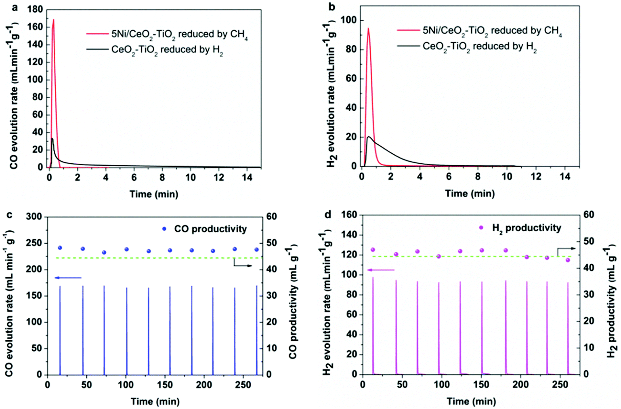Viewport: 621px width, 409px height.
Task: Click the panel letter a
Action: coord(15,7)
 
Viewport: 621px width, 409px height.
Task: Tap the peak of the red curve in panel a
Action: coord(53,20)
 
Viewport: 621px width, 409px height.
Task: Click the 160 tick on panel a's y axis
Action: coord(35,27)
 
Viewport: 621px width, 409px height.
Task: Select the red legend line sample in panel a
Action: coord(97,34)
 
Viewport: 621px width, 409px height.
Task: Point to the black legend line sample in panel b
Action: coord(408,46)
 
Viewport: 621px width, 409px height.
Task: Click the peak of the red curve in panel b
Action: coord(368,29)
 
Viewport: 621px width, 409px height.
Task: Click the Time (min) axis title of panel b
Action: coord(470,194)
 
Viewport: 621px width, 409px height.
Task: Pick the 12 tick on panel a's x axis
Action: coord(219,177)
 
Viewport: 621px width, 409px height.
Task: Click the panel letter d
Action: coord(328,214)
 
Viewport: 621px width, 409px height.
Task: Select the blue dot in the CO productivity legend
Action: coord(164,229)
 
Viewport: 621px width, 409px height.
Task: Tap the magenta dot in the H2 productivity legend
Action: coord(481,228)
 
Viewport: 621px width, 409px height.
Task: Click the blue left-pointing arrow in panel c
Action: coord(68,278)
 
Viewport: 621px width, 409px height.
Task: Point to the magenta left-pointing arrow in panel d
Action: coord(380,270)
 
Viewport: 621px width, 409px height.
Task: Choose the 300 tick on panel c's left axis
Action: coord(34,217)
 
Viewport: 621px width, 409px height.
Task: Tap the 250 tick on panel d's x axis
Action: coord(560,384)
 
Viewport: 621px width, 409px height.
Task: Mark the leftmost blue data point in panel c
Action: coord(60,248)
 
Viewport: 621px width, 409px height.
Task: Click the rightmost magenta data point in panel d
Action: coord(568,260)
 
